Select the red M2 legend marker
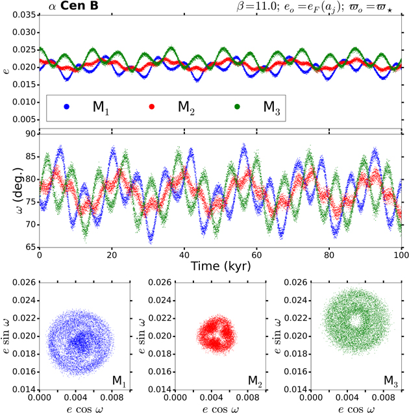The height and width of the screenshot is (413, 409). [152, 106]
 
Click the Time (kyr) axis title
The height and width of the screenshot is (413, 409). [221, 266]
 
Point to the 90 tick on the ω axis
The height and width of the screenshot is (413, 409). [29, 134]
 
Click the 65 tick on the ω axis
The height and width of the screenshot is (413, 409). [29, 247]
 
